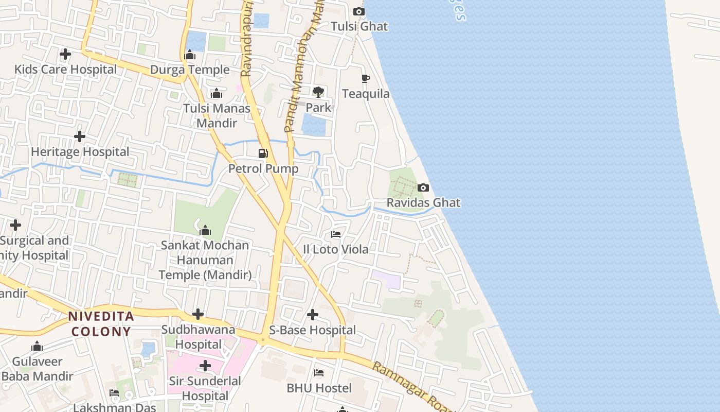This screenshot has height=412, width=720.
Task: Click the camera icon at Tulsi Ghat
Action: click(x=359, y=11)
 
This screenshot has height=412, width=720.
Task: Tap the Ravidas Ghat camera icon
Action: click(x=423, y=187)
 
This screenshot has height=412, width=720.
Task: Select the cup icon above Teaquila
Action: click(x=365, y=78)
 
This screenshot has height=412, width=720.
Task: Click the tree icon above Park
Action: click(x=318, y=92)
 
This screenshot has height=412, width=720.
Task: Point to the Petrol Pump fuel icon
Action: click(x=263, y=153)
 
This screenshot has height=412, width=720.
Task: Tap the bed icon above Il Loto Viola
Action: click(x=336, y=234)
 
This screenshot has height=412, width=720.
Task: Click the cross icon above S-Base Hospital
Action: click(x=312, y=314)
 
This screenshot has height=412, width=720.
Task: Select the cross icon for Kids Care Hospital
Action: click(x=65, y=54)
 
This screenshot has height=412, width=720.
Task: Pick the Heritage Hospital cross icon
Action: click(x=80, y=136)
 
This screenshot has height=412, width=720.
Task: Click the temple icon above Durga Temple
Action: click(x=190, y=55)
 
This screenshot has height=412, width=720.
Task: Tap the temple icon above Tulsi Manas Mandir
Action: click(x=217, y=93)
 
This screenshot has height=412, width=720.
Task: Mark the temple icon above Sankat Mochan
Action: click(x=205, y=230)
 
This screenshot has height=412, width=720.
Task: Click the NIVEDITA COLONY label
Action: click(x=101, y=323)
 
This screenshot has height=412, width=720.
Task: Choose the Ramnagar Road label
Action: click(x=411, y=386)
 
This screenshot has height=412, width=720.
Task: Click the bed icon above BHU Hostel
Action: click(x=319, y=372)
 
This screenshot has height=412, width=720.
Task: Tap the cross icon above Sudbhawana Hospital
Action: click(x=198, y=314)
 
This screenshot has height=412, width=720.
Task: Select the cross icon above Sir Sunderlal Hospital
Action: click(x=205, y=366)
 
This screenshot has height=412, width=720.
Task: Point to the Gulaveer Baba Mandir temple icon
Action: click(x=37, y=346)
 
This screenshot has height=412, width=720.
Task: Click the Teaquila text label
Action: click(x=366, y=94)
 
